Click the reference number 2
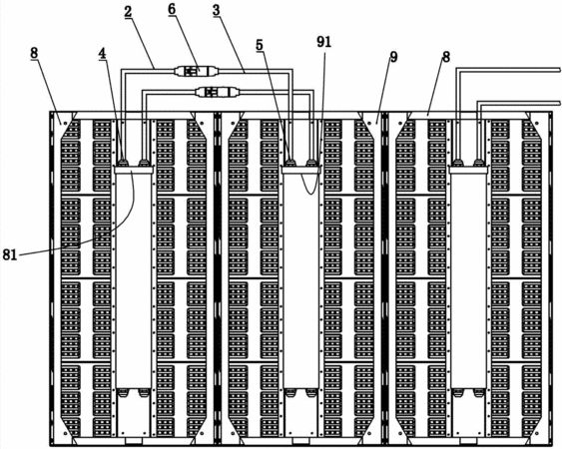(x=128, y=12)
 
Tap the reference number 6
(x=172, y=10)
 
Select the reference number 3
(x=217, y=10)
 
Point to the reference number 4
(x=103, y=54)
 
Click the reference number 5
(x=260, y=45)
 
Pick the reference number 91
(x=324, y=42)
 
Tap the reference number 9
(x=393, y=57)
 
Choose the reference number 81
(x=10, y=254)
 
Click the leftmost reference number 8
(x=33, y=53)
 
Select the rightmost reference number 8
(x=445, y=57)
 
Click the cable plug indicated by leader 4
(x=124, y=163)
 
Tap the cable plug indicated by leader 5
(x=290, y=163)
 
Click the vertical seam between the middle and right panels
(x=385, y=278)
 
